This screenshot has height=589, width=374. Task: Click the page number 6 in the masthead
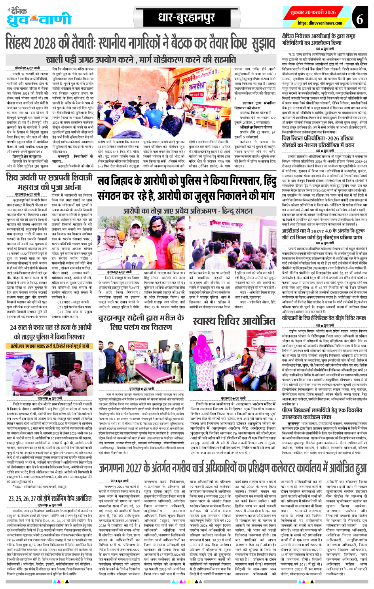pyautogui.click(x=359, y=19)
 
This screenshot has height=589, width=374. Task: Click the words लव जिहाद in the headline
pyautogui.click(x=122, y=182)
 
